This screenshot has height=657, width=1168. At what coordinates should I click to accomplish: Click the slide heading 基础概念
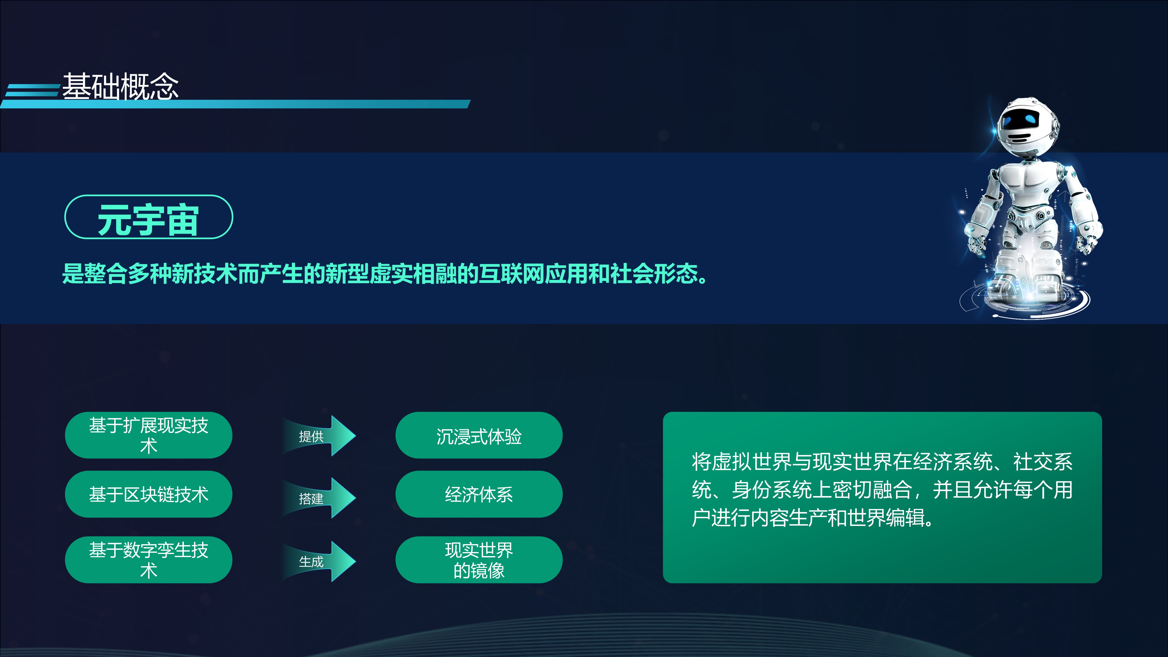(121, 86)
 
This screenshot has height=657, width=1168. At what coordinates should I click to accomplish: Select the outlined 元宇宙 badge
(149, 217)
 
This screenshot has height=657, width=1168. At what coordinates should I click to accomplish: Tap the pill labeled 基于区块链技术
(149, 494)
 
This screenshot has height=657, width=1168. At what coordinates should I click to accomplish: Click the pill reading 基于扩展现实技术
(149, 435)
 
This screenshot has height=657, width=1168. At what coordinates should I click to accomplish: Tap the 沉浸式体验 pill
(479, 435)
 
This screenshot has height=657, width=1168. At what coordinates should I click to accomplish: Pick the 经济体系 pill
(479, 494)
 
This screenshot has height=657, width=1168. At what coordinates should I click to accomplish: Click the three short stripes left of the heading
(31, 90)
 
